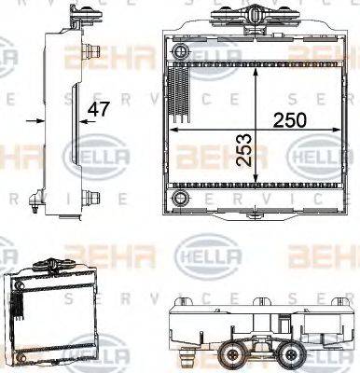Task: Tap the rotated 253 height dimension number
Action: [x=245, y=148]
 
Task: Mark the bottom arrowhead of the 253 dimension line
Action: [x=256, y=183]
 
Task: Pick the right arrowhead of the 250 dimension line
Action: [x=335, y=131]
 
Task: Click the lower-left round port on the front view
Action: [x=179, y=199]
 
